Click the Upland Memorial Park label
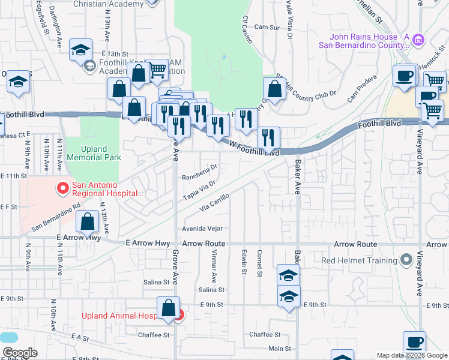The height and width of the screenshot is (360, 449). point(93,153)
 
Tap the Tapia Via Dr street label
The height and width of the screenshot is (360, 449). point(199,191)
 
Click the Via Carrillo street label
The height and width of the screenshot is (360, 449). point(214,203)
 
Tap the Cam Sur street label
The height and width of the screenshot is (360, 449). point(268,28)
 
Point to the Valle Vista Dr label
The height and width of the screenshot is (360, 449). point(289,21)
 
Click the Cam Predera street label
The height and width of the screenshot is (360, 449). point(360,89)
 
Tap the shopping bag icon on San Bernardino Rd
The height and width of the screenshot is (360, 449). point(88,221)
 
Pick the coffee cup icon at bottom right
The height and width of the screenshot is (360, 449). point(414,343)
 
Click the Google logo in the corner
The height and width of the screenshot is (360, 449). point(20,353)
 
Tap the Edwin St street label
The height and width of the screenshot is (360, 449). point(244,263)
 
